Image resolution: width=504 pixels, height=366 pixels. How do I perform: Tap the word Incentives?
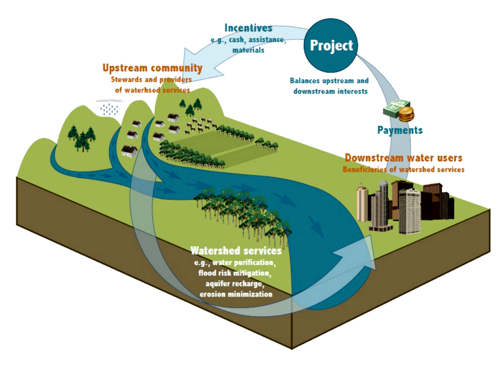pyautogui.click(x=248, y=28)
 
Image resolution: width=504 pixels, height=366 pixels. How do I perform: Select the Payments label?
pyautogui.click(x=399, y=130)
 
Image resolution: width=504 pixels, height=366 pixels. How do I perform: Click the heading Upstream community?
pyautogui.click(x=152, y=68)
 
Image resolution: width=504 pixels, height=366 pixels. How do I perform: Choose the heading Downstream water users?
pyautogui.click(x=403, y=158)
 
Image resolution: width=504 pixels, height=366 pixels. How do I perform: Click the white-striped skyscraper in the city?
pyautogui.click(x=409, y=210)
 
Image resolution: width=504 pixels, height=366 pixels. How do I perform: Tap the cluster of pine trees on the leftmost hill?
pyautogui.click(x=82, y=138)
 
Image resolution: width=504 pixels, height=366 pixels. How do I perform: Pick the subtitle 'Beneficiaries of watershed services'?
pyautogui.click(x=403, y=169)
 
